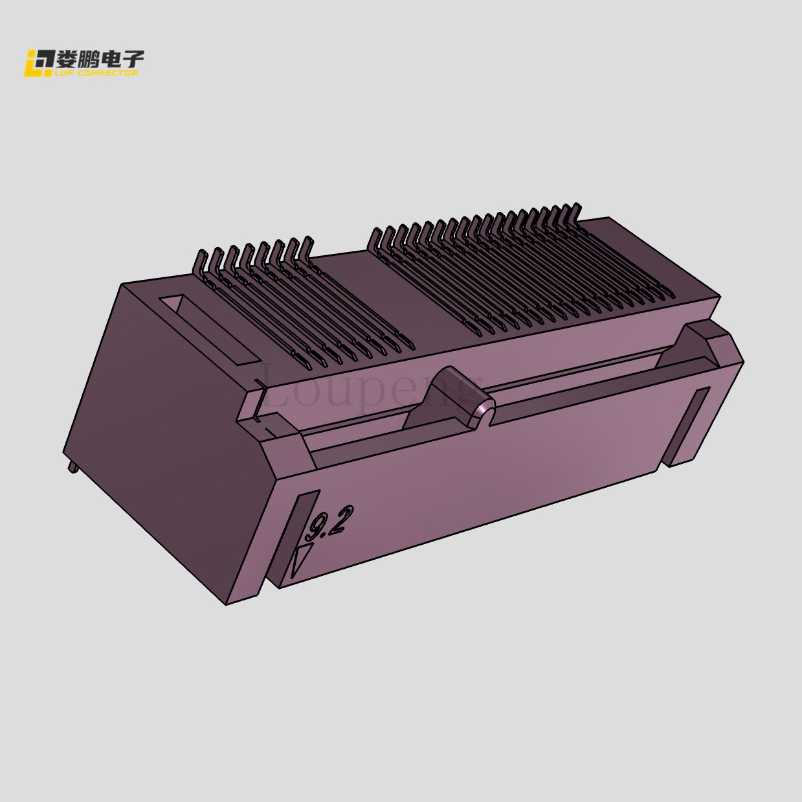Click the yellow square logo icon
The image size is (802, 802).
pos(38,63)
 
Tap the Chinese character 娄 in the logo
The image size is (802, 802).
pos(67,60)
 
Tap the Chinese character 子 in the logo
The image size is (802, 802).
pos(133,60)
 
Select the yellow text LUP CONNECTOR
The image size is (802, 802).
pos(97,73)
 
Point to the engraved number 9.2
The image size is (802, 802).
pos(330,523)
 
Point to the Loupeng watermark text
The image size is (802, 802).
pos(369,389)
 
